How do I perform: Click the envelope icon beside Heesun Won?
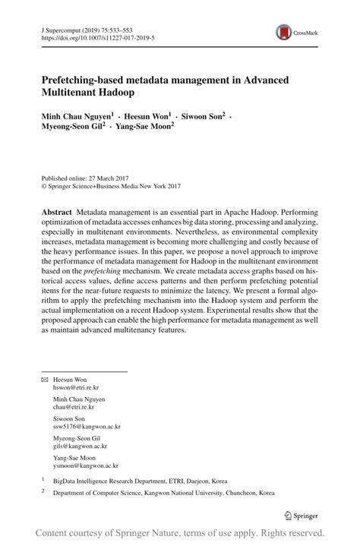[x=44, y=379]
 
